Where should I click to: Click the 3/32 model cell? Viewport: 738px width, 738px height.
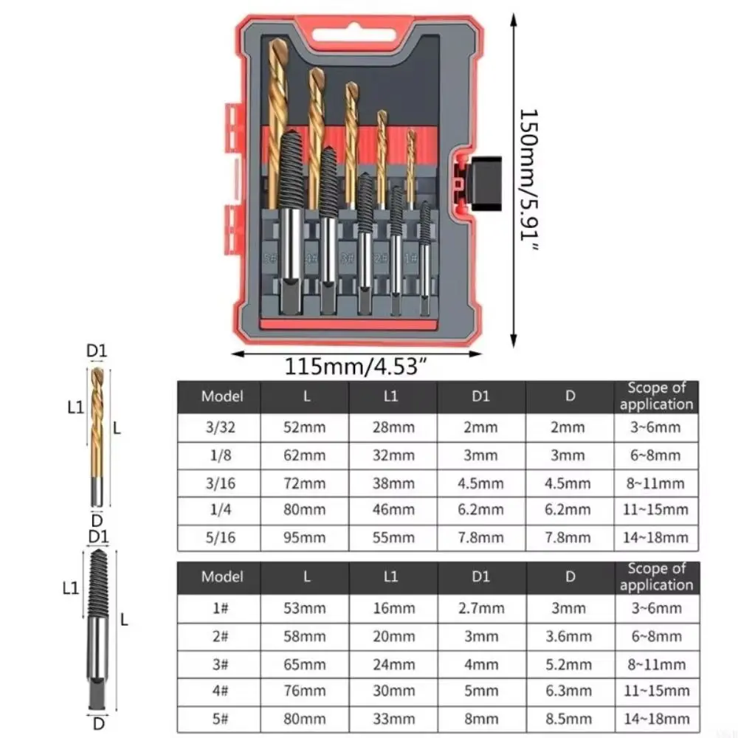pos(221,427)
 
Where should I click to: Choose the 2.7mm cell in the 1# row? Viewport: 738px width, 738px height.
pos(480,608)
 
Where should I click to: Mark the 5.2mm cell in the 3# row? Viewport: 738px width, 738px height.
pos(570,663)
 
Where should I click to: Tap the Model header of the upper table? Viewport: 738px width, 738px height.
pos(221,396)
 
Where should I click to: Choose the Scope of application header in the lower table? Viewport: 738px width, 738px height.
pos(656,576)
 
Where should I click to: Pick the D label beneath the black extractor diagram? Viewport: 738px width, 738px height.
pos(98,724)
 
